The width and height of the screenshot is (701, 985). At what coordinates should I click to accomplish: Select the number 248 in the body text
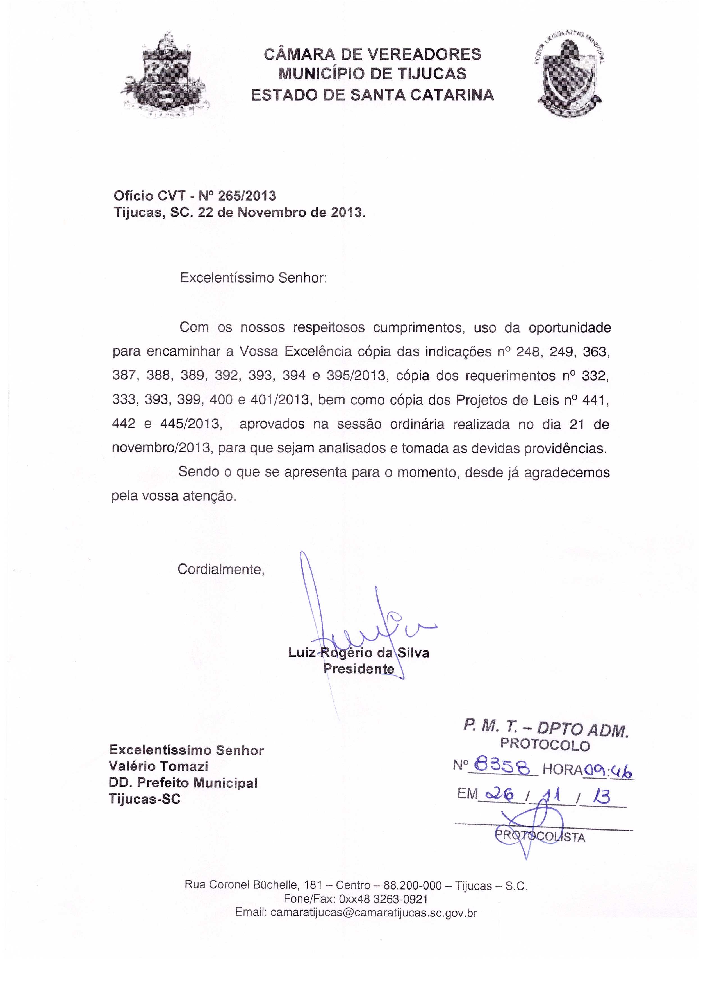(528, 352)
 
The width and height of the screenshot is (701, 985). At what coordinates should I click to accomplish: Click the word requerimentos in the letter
(510, 376)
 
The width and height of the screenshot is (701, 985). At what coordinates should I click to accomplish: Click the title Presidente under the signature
(358, 669)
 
